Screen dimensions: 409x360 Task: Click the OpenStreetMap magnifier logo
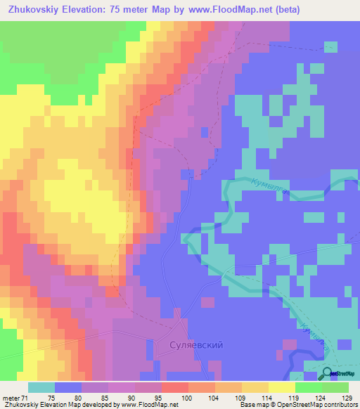tap(328, 373)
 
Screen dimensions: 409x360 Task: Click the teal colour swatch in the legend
tap(41, 387)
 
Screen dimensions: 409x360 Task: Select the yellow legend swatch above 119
tap(282, 387)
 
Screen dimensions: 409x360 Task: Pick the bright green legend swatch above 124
tap(309, 387)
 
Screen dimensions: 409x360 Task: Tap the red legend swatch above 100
tap(175, 387)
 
